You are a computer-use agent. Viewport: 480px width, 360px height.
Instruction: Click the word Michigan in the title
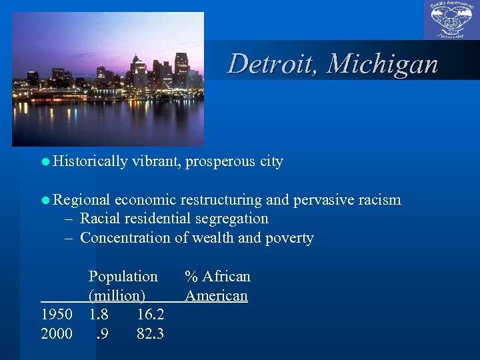coord(383,64)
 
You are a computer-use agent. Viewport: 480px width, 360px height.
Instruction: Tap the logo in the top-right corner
coord(451,21)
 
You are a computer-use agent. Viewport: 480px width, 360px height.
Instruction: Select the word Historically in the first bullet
coord(91,161)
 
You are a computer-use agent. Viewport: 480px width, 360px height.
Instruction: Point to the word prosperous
coord(219,161)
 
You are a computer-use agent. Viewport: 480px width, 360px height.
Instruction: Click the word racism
coord(379,199)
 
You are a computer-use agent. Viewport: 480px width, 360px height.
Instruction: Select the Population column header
coord(123,277)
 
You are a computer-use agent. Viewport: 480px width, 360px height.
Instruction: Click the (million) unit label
coord(117,295)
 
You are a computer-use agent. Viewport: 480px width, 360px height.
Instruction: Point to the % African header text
coord(217,277)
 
